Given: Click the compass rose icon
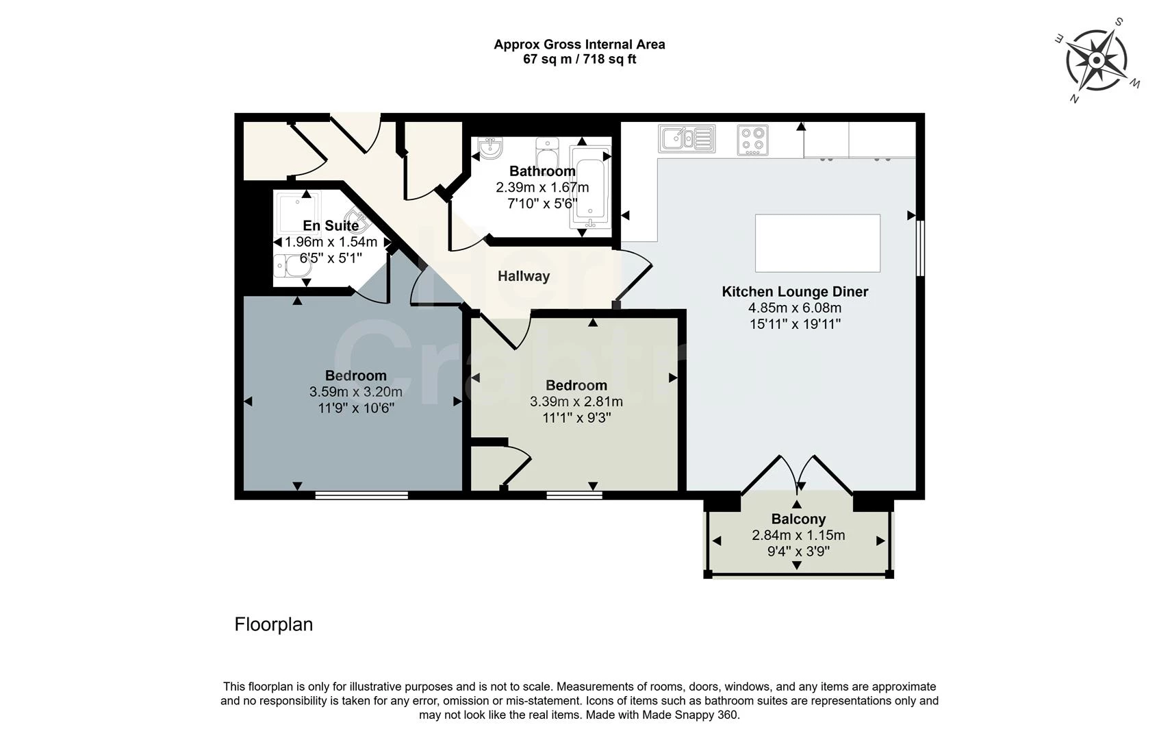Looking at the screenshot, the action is (x=1096, y=61).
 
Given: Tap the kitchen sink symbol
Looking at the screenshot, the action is (x=687, y=138).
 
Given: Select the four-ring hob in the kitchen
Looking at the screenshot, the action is (x=753, y=140).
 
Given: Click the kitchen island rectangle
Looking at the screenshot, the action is (x=817, y=243).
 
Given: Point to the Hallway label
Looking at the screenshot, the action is (x=523, y=276).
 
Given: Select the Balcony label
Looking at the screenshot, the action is (x=798, y=519).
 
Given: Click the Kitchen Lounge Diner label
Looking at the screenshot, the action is (x=795, y=291).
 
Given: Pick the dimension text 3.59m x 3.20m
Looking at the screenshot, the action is (x=355, y=392).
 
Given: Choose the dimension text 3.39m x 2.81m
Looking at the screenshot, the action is (x=576, y=402).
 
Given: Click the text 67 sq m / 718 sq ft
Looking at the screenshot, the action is (x=579, y=60).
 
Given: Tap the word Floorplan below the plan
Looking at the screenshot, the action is (x=273, y=624).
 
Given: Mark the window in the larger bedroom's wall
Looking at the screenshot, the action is (x=361, y=495).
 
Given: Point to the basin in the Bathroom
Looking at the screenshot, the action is (x=490, y=147).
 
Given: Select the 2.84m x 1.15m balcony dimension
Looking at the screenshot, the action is (x=798, y=535).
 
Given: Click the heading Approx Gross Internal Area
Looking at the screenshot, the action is (x=579, y=45).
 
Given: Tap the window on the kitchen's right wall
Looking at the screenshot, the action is (x=920, y=248).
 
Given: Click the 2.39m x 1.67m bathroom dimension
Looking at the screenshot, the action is (x=542, y=187).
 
